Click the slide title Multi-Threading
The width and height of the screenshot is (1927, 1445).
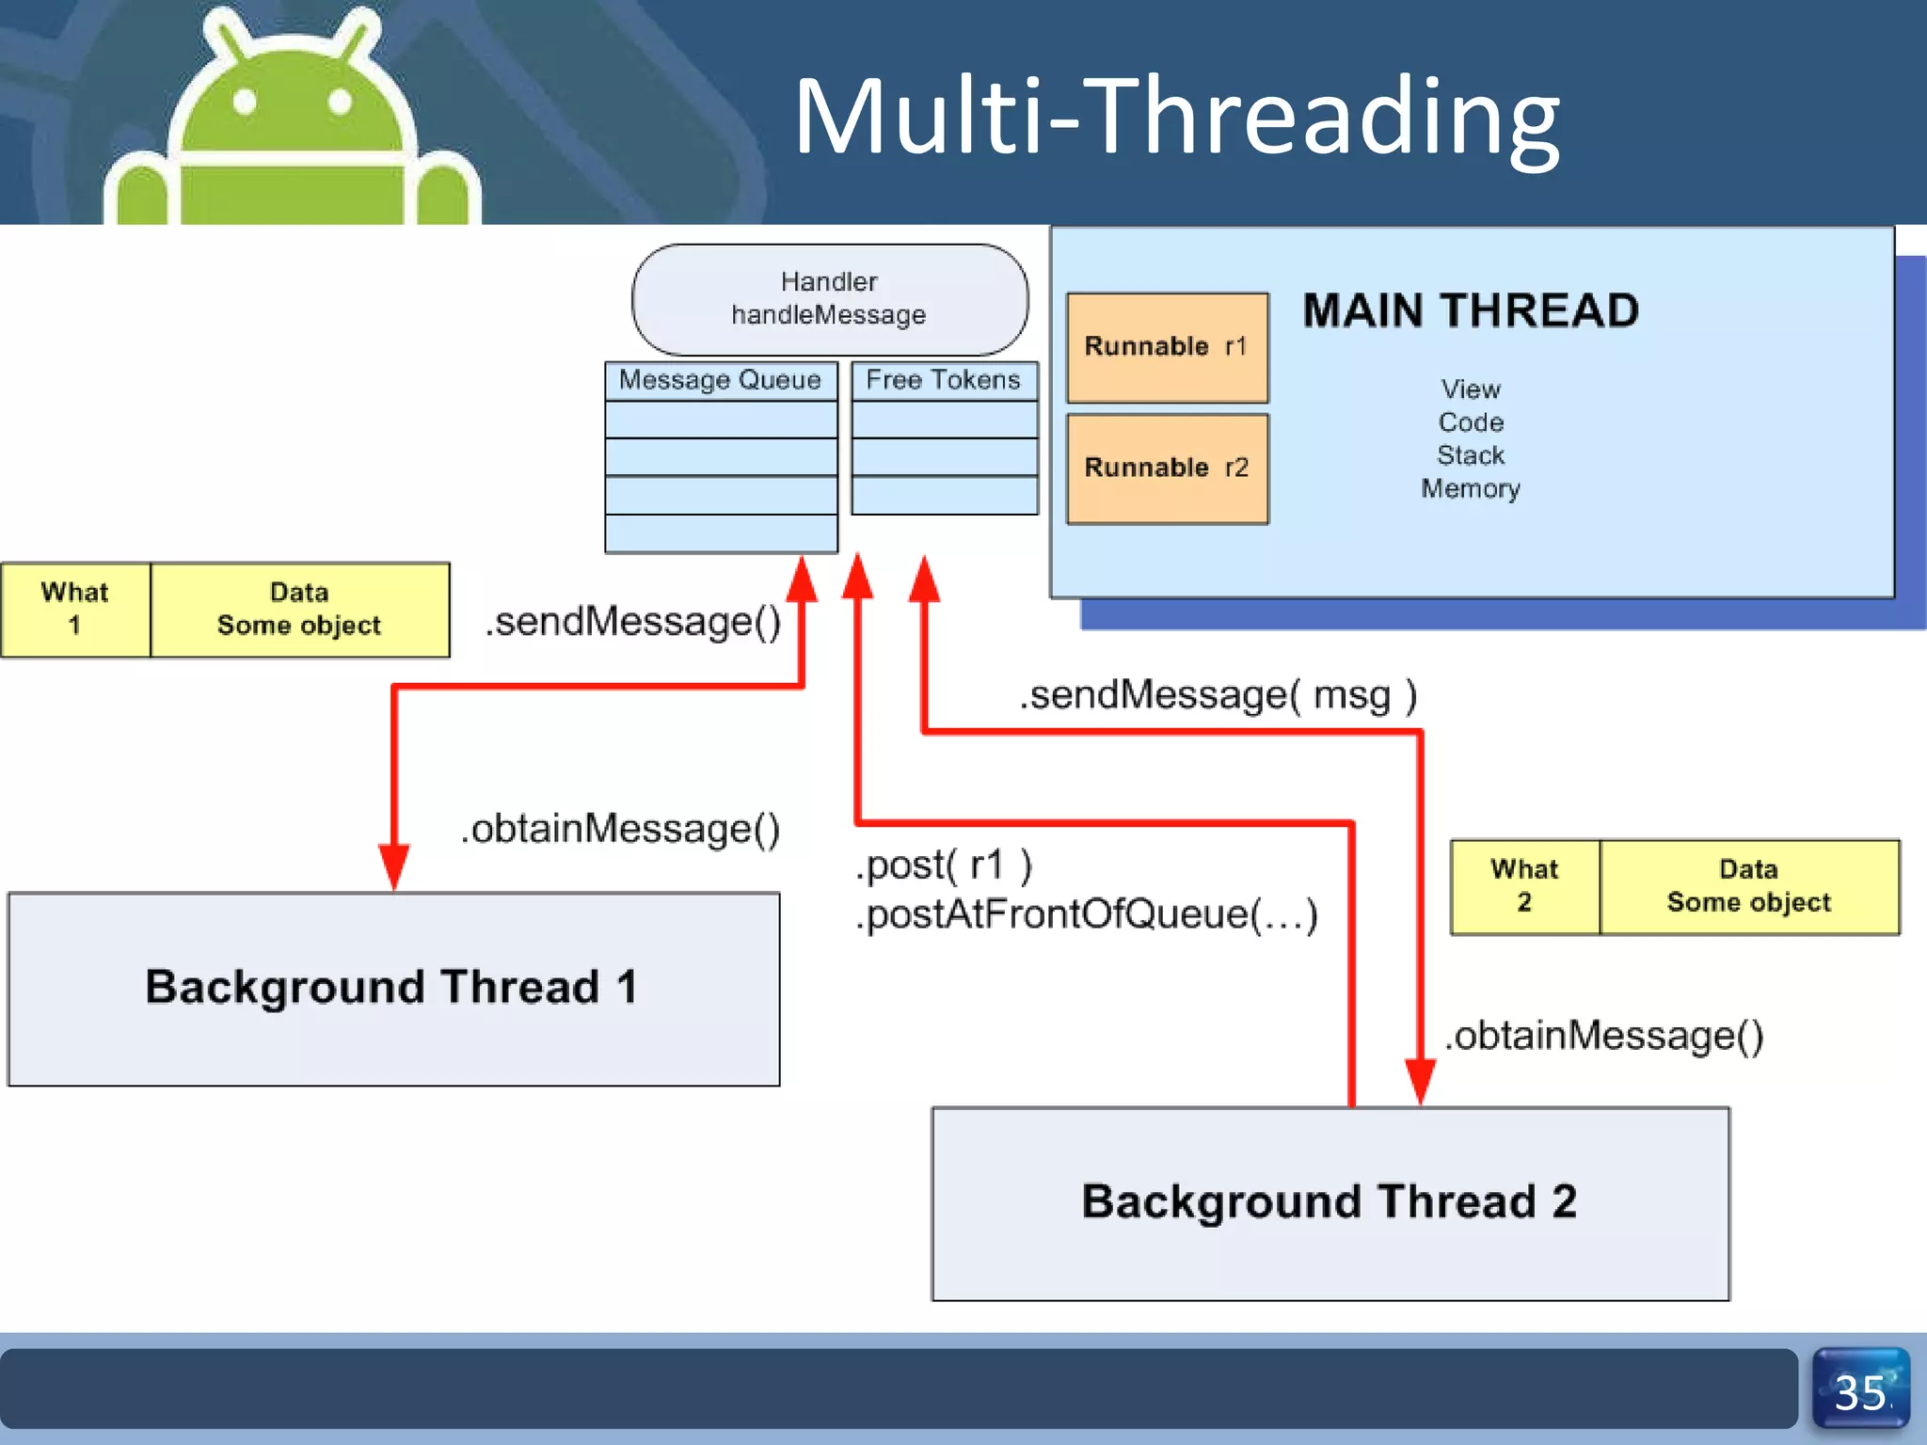pyautogui.click(x=1176, y=118)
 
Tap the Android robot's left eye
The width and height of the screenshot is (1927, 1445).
pyautogui.click(x=245, y=102)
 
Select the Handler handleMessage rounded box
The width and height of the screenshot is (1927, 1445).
pyautogui.click(x=829, y=298)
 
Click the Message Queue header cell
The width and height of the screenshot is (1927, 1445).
pyautogui.click(x=721, y=380)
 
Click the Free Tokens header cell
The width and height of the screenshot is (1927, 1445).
pyautogui.click(x=944, y=380)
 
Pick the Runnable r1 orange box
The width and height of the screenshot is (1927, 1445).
pyautogui.click(x=1167, y=347)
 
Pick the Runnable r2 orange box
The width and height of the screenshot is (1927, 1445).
pyautogui.click(x=1167, y=468)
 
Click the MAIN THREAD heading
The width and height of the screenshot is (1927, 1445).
pyautogui.click(x=1471, y=311)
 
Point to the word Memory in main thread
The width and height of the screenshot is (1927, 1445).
pyautogui.click(x=1471, y=489)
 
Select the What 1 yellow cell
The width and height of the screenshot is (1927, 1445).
pyautogui.click(x=75, y=609)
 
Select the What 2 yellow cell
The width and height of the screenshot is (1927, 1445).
pyautogui.click(x=1524, y=886)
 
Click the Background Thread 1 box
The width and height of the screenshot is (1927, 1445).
pyautogui.click(x=393, y=988)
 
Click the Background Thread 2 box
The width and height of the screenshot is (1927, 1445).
pyautogui.click(x=1330, y=1202)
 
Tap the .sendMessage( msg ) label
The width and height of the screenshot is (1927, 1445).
pyautogui.click(x=1218, y=696)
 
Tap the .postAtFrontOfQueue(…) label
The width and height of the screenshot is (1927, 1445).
pyautogui.click(x=1087, y=914)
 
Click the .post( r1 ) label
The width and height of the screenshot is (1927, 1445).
pyautogui.click(x=944, y=865)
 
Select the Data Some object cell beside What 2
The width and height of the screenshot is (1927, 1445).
pyautogui.click(x=1748, y=886)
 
